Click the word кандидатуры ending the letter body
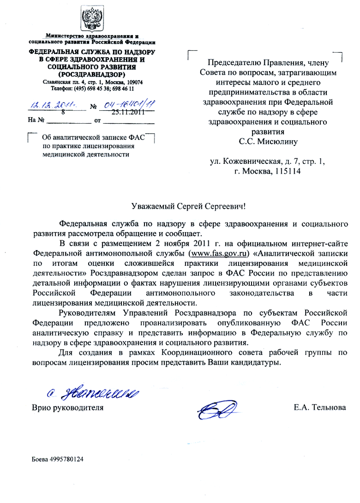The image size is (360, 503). tap(253, 363)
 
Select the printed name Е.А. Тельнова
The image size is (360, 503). tap(319, 408)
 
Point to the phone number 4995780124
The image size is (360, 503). tap(66, 459)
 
